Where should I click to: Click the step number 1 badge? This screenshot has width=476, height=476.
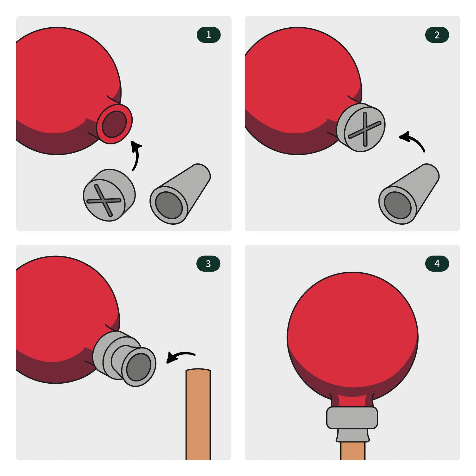208,35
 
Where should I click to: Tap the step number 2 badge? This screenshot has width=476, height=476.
437,35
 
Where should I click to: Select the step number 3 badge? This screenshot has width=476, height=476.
208,264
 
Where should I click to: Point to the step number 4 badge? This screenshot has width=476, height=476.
437,264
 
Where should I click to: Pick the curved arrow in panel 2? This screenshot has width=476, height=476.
414,140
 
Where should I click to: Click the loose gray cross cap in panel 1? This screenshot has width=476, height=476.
109,195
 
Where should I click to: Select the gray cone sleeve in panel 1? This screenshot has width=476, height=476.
180,194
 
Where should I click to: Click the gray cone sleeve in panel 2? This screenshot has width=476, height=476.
409,194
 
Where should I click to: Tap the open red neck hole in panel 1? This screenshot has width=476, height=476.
114,124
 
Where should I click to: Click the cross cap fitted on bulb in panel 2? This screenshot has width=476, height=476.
361,127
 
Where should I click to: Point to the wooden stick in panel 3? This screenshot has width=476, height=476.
198,414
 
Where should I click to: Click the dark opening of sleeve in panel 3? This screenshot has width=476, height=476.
139,367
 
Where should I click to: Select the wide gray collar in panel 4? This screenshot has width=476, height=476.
352,418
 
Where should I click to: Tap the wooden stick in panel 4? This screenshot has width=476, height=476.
353,451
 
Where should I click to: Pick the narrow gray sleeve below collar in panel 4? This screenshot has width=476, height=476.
353,435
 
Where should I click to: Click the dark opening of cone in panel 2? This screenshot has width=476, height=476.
398,205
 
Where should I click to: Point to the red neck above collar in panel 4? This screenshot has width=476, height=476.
352,400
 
